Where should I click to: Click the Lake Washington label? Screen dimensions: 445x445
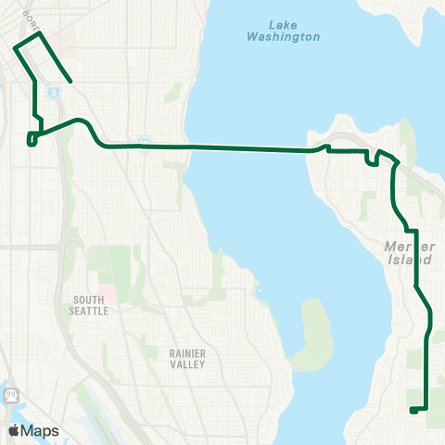tap(284, 31)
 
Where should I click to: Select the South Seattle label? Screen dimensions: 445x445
tap(90, 305)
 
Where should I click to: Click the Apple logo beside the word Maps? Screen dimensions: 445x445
tap(15, 430)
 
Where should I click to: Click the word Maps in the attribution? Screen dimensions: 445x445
tap(41, 430)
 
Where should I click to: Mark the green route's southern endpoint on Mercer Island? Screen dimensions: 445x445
tap(411, 409)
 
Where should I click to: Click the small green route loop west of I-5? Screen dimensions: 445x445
tap(32, 139)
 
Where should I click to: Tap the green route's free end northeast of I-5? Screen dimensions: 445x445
tap(71, 83)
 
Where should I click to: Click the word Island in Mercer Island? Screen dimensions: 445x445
tap(412, 260)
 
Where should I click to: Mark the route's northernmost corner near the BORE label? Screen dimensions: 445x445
tap(42, 34)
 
